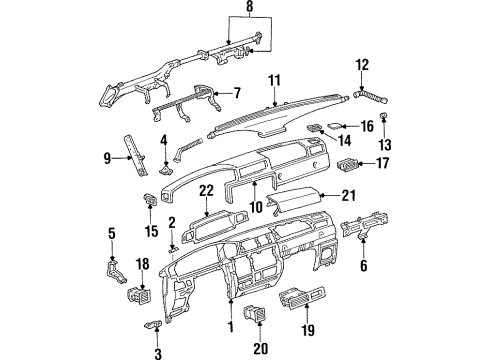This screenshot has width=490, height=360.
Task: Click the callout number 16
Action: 366,126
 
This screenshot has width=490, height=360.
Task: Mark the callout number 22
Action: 205,190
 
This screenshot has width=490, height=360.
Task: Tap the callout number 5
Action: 110,234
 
